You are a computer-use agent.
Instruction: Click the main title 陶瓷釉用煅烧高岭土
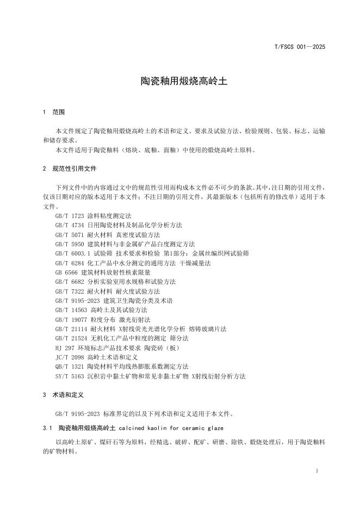pyautogui.click(x=179, y=81)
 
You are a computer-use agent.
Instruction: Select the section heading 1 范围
pyautogui.click(x=54, y=112)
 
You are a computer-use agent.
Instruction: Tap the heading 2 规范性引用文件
pyautogui.click(x=70, y=169)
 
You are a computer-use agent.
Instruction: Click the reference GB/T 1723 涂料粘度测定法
pyautogui.click(x=93, y=216)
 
